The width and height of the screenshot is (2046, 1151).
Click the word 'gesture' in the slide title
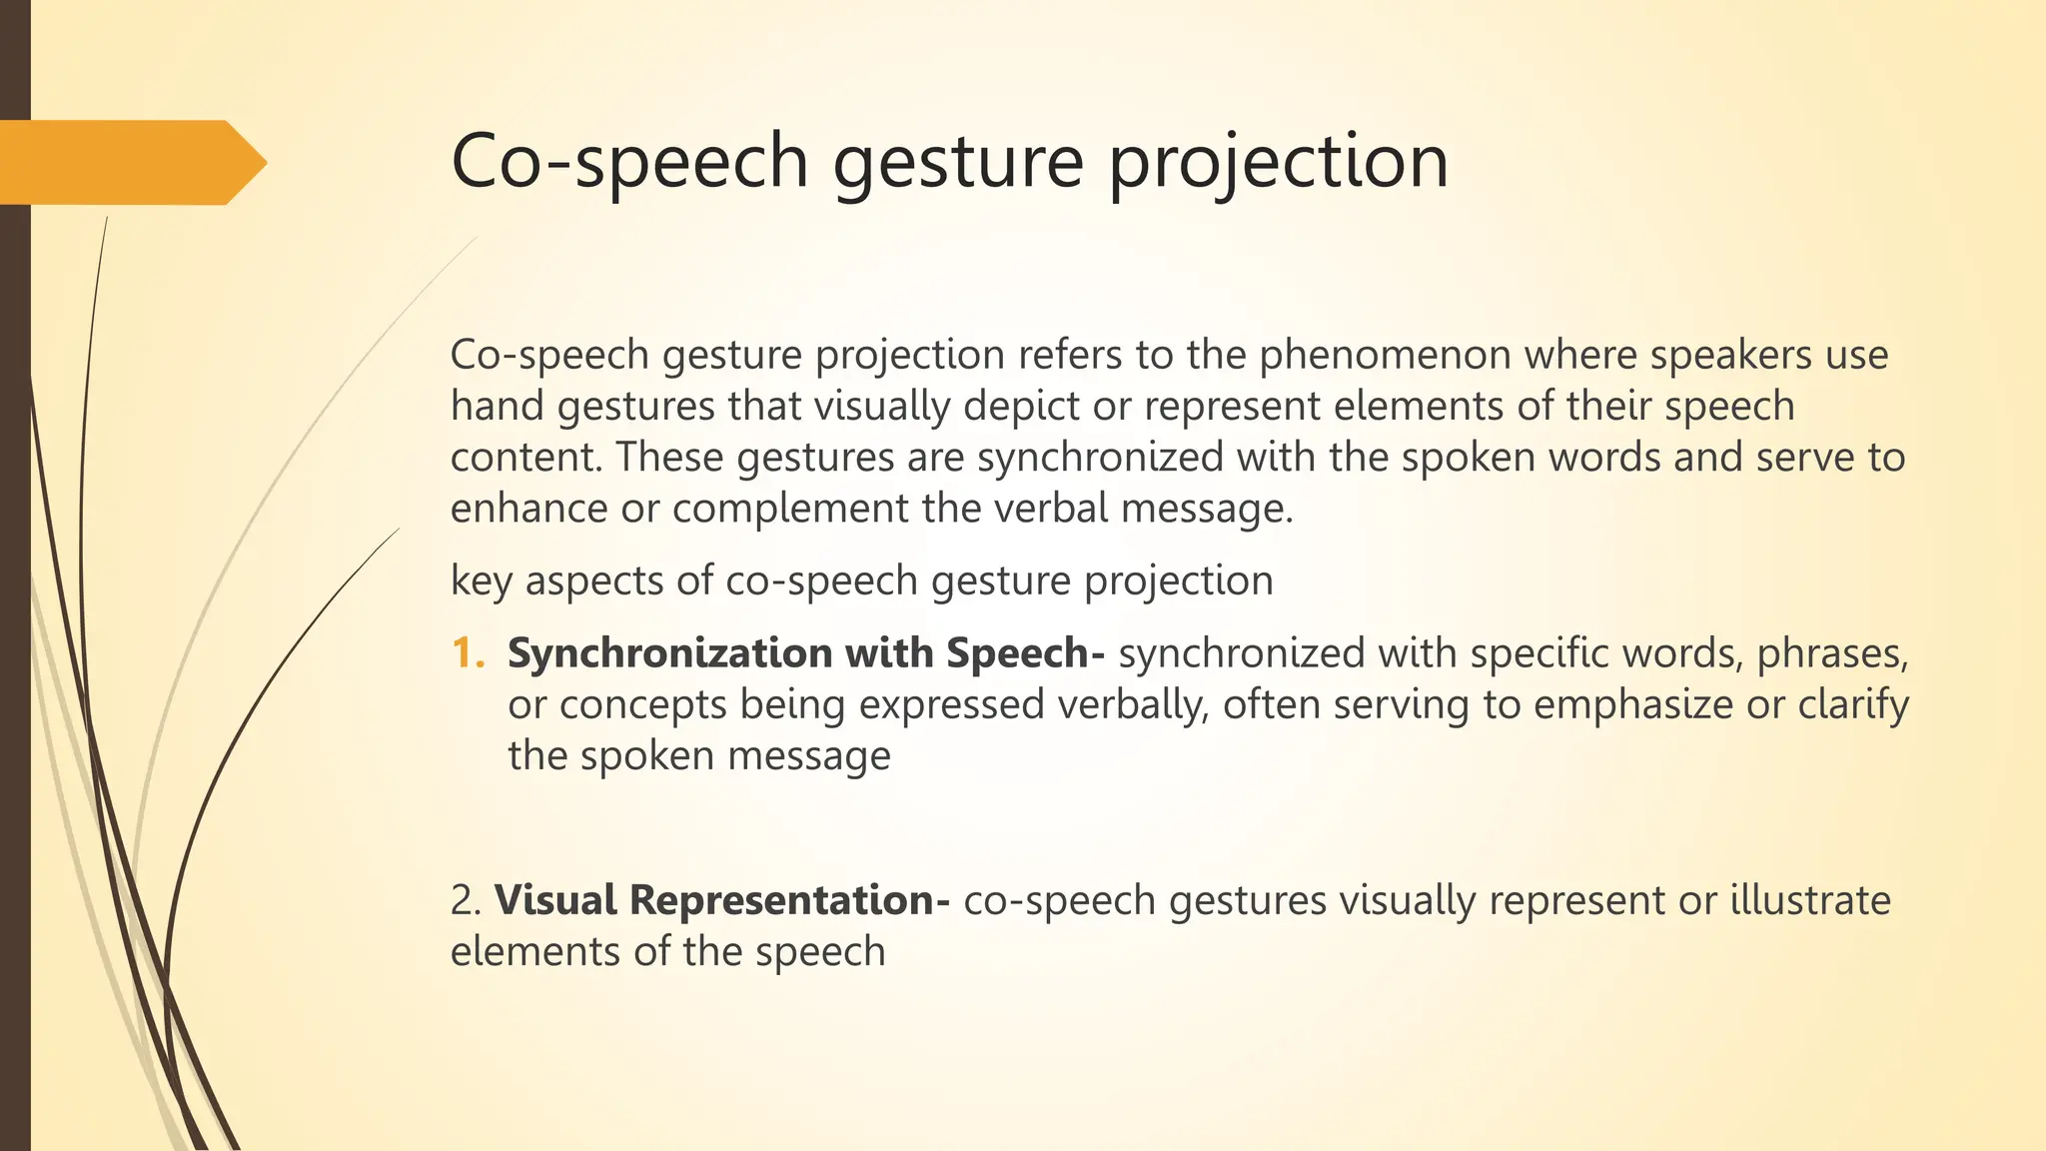(958, 162)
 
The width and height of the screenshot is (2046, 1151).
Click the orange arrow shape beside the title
(130, 162)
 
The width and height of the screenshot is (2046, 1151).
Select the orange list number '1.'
(468, 653)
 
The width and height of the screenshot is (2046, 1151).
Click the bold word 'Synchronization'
(669, 653)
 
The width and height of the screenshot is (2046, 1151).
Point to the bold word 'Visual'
(555, 900)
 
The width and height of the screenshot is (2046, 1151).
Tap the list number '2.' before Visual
(466, 900)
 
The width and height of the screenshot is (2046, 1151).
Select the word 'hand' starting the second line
(497, 407)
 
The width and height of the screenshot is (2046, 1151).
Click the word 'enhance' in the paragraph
(528, 509)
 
